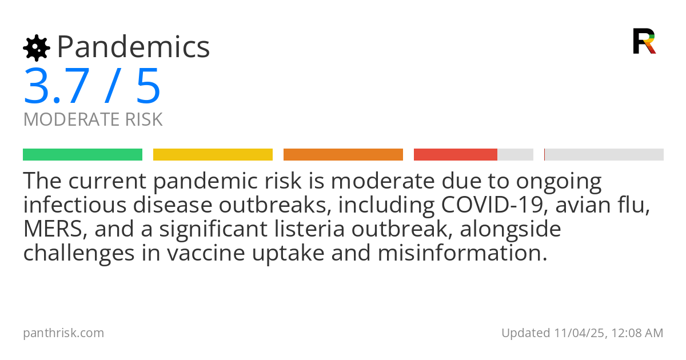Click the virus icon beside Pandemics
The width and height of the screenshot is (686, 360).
pyautogui.click(x=36, y=48)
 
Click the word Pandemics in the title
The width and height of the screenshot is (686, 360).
pyautogui.click(x=134, y=47)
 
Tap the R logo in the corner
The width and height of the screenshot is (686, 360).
pyautogui.click(x=644, y=41)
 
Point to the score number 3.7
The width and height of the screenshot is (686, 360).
pyautogui.click(x=56, y=86)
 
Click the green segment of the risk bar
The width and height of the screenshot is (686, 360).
pyautogui.click(x=82, y=155)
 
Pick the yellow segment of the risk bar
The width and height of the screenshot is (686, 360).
pyautogui.click(x=213, y=155)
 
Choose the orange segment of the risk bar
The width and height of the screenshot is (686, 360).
pyautogui.click(x=343, y=155)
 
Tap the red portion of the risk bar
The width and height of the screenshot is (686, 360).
pyautogui.click(x=455, y=155)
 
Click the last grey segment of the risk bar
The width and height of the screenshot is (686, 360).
pyautogui.click(x=604, y=155)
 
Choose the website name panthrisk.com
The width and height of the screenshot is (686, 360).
pyautogui.click(x=63, y=333)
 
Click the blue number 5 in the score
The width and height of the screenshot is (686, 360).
pyautogui.click(x=148, y=86)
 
